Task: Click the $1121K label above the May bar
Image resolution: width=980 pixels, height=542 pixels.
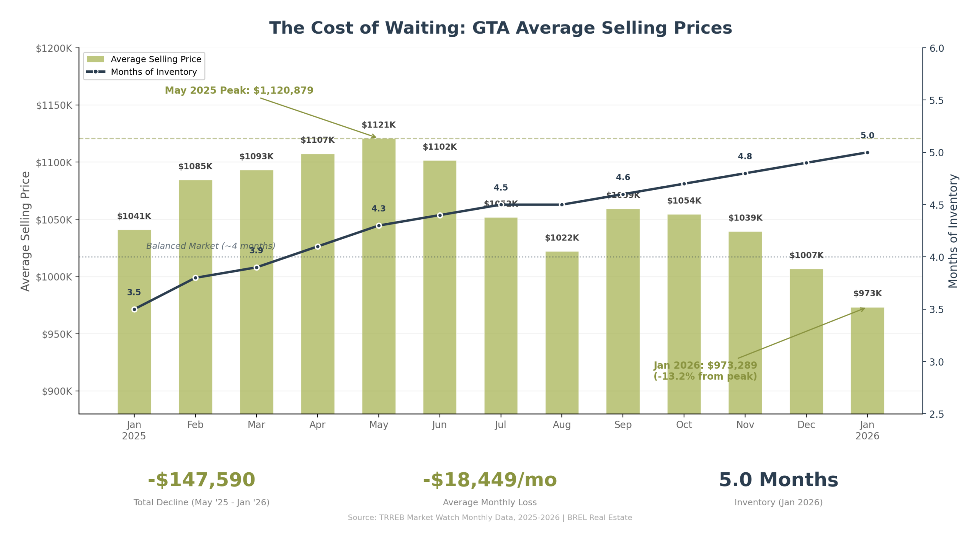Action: point(378,125)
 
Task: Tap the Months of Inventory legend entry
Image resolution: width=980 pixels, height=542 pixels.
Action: point(154,72)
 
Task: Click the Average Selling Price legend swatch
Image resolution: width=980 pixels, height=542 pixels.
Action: point(95,59)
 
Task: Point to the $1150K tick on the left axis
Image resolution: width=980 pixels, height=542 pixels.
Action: point(54,105)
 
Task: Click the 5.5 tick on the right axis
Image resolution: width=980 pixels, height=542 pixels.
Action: point(936,100)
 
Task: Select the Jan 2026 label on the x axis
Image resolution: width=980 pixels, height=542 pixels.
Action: point(867,430)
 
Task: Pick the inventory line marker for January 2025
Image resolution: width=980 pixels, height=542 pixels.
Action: point(134,309)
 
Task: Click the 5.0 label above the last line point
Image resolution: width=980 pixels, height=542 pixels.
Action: point(867,135)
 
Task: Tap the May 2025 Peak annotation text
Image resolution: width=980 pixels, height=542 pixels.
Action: point(239,90)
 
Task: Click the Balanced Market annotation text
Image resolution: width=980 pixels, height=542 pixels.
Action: point(211,246)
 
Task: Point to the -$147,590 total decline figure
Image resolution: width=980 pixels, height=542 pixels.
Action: point(201,480)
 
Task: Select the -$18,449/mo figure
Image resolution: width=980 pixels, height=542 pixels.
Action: point(490,480)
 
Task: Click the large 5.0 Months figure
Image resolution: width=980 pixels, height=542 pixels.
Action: point(778,480)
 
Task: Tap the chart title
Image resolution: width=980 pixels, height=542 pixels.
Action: point(500,28)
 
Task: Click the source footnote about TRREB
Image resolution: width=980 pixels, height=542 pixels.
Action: point(490,518)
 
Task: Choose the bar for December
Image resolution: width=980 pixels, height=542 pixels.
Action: point(806,341)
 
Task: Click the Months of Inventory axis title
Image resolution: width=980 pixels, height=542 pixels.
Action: point(953,231)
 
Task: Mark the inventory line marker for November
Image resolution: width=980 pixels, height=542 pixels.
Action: point(745,173)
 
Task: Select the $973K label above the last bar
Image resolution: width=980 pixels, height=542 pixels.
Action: point(867,293)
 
